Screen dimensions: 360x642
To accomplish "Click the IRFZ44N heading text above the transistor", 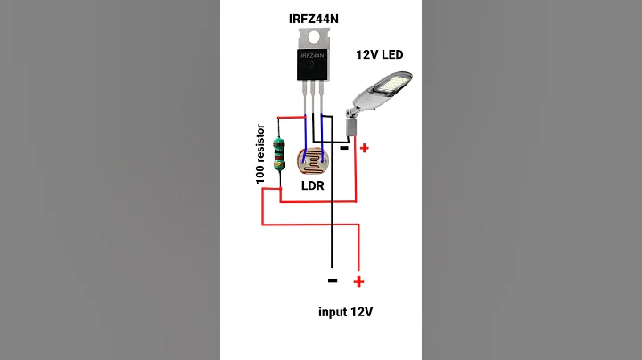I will (319, 18).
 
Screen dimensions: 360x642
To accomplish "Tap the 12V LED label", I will (379, 55).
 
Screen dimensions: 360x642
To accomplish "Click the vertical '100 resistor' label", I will (261, 154).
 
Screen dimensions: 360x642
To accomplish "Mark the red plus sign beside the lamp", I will (364, 148).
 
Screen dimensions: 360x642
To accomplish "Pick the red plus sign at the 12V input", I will (358, 282).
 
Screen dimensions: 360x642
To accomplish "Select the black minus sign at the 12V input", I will (332, 281).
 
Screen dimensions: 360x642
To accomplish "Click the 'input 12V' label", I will (345, 312).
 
